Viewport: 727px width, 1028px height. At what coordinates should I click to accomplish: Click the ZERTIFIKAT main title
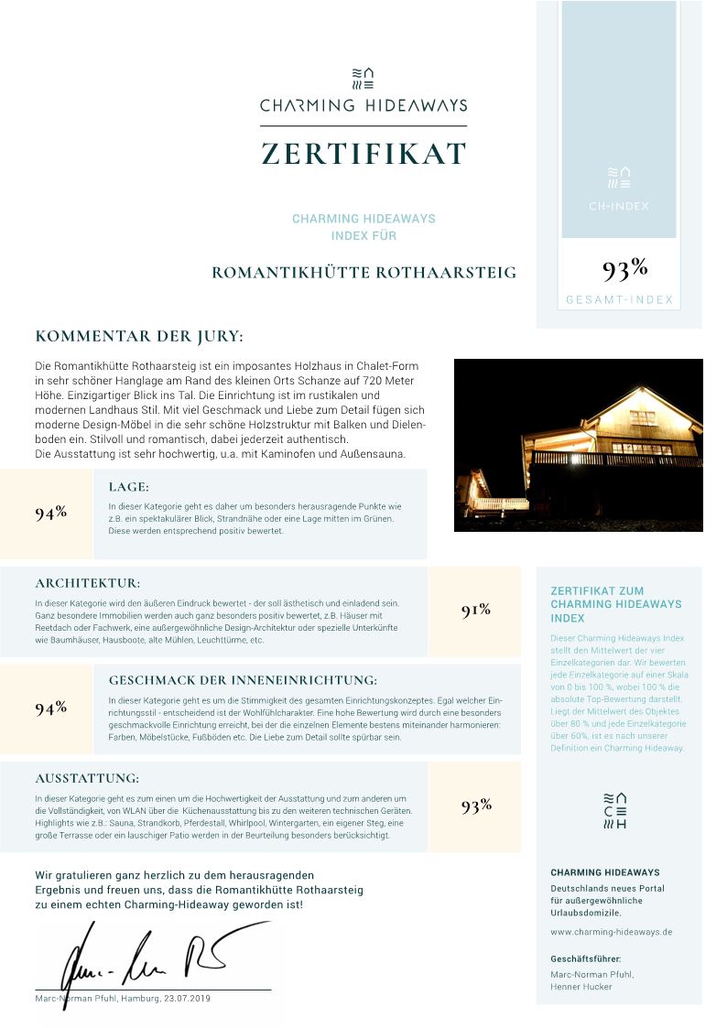363,154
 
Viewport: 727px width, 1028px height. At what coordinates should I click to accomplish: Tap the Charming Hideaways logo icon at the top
363,79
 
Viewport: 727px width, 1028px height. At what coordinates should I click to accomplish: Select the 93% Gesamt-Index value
625,269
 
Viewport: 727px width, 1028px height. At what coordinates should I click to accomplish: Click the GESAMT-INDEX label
619,300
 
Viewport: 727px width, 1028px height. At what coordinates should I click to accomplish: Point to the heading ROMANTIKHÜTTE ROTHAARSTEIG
363,273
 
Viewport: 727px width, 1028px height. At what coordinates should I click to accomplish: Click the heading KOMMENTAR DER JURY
139,337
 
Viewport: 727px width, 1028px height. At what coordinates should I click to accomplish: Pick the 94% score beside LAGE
51,513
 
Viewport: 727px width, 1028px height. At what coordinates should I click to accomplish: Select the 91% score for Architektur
476,611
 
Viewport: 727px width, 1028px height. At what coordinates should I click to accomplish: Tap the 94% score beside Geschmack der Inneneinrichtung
51,708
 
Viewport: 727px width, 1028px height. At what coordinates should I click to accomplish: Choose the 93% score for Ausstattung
476,806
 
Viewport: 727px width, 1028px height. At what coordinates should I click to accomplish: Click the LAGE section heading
128,487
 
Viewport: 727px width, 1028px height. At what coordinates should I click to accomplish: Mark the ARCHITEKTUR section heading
88,583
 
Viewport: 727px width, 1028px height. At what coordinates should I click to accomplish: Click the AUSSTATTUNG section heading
87,778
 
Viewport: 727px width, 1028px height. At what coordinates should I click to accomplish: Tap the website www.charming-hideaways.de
612,932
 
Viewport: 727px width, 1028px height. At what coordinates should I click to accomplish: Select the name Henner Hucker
581,987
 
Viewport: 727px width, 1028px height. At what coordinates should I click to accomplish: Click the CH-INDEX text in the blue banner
619,206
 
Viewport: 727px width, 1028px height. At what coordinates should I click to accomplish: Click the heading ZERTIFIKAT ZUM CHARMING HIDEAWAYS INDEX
615,604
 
